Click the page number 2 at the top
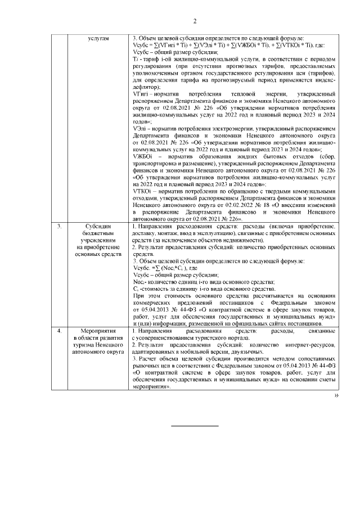195,22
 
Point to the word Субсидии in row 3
98,226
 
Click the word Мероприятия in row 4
98,332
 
